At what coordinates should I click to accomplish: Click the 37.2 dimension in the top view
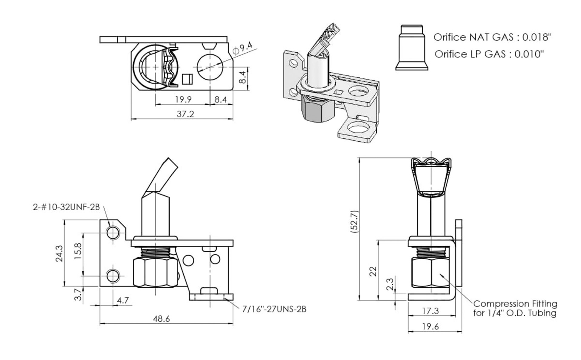185,114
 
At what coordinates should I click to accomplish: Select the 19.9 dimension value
183,100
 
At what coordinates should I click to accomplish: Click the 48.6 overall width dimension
162,319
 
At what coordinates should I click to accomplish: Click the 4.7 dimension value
123,300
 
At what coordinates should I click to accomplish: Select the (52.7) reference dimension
354,221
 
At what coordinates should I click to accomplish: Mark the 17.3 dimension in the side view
430,311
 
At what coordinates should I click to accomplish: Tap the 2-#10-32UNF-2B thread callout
66,207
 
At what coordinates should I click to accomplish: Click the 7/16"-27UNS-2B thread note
274,309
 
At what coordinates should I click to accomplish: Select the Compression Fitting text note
515,308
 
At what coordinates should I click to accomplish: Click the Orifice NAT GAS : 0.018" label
492,37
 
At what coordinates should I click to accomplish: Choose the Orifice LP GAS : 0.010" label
489,54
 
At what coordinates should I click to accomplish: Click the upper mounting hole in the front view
113,233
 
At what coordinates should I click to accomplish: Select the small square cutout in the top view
187,79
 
